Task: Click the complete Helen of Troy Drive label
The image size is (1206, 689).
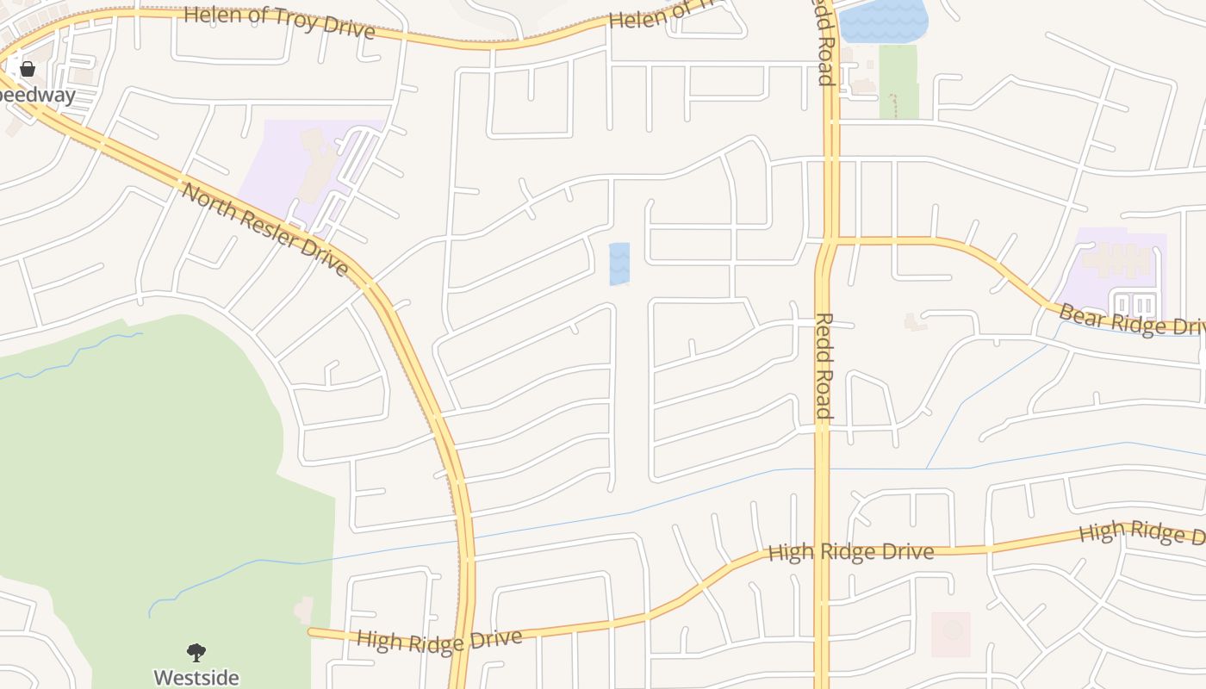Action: pyautogui.click(x=280, y=22)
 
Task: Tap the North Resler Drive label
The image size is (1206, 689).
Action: pyautogui.click(x=264, y=228)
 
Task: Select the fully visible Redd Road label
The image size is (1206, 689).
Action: pyautogui.click(x=823, y=366)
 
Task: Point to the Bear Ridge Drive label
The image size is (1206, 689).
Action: pyautogui.click(x=1130, y=320)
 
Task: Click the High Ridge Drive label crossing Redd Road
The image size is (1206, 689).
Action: pyautogui.click(x=850, y=551)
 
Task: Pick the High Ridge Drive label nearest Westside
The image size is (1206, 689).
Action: pyautogui.click(x=438, y=641)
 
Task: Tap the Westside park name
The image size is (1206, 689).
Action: pyautogui.click(x=196, y=677)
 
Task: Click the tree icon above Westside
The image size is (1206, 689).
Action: pyautogui.click(x=196, y=653)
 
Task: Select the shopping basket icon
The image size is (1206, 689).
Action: pyautogui.click(x=28, y=69)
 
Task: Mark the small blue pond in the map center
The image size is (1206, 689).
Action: pyautogui.click(x=619, y=264)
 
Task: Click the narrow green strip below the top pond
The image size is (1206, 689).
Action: pyautogui.click(x=898, y=82)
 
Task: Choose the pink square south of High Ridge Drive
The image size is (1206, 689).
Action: pyautogui.click(x=951, y=634)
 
